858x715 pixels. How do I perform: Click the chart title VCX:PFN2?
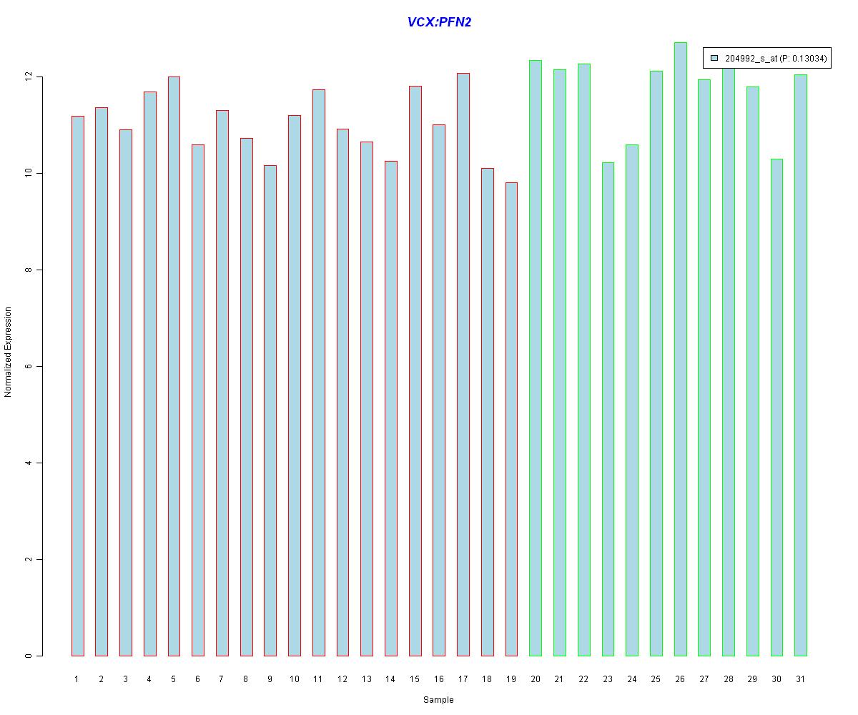coord(439,22)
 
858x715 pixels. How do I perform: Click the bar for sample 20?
coord(536,357)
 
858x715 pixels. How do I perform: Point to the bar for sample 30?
coord(776,408)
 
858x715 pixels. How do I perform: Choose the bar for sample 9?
coord(270,410)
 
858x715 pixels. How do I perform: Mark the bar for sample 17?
coord(463,365)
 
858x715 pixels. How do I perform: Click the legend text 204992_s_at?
coord(750,59)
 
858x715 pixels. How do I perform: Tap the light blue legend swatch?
coord(714,59)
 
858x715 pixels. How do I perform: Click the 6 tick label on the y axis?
coord(28,366)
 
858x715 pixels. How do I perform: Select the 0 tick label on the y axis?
coord(28,656)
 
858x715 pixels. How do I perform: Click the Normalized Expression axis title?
coord(8,352)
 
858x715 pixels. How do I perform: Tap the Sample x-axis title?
coord(438,699)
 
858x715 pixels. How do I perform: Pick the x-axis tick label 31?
coord(800,679)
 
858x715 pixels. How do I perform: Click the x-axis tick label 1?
coord(77,679)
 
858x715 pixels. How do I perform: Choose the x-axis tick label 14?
coord(390,679)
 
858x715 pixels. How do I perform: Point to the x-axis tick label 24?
coord(631,679)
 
